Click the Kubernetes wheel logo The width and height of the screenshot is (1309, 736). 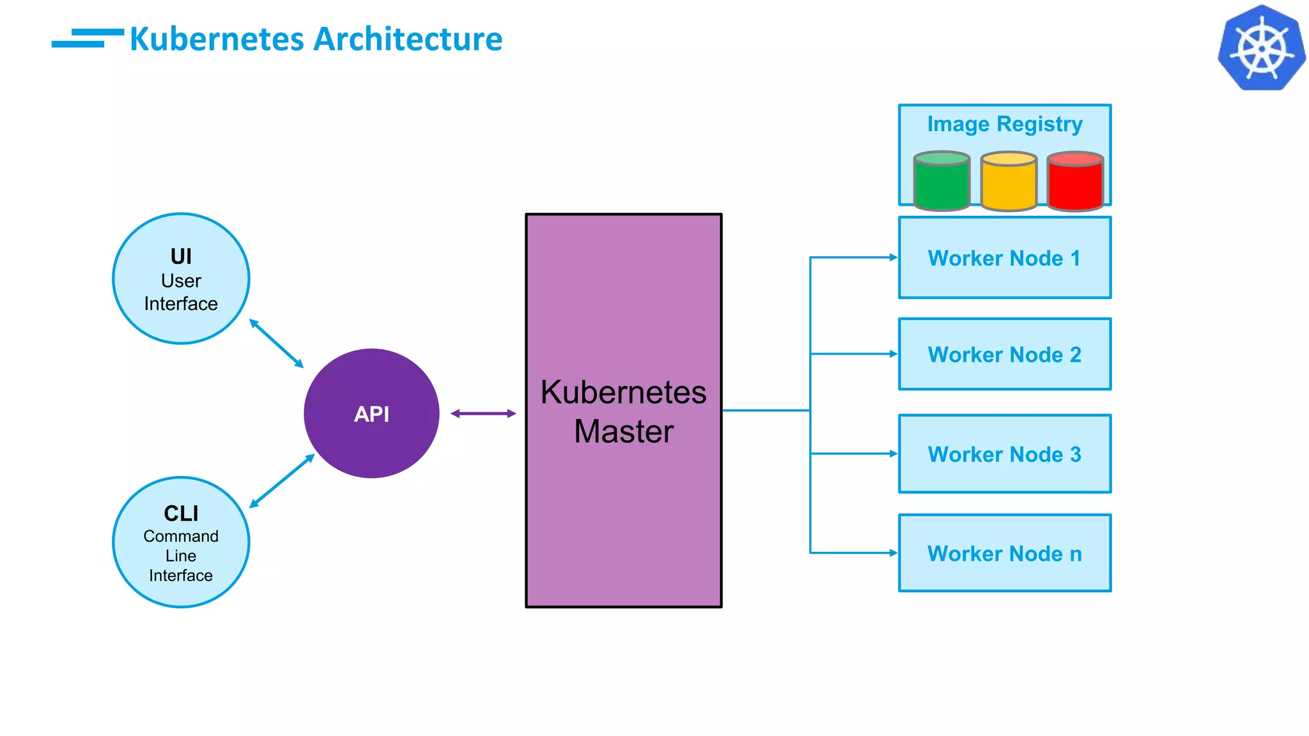[1261, 49]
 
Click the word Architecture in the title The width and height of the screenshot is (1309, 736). [408, 40]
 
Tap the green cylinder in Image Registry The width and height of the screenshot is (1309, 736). [941, 181]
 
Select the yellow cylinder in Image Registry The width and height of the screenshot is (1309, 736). [1009, 181]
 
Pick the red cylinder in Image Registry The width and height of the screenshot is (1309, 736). [1075, 181]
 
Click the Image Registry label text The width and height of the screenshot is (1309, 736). [1004, 124]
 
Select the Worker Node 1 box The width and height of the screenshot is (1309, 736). [1004, 258]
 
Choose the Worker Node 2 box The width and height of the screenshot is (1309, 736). [1004, 355]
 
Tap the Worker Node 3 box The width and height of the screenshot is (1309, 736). [1004, 454]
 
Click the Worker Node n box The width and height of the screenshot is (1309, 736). [1004, 553]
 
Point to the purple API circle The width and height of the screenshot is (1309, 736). [371, 413]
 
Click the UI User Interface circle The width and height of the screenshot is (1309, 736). [181, 279]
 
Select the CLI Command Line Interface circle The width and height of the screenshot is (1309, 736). [181, 542]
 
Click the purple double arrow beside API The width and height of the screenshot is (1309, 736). [483, 414]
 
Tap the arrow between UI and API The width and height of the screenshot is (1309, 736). [276, 344]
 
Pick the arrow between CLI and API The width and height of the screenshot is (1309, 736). [282, 481]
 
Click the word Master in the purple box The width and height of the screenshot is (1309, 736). [623, 431]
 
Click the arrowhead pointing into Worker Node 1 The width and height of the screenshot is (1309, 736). [894, 257]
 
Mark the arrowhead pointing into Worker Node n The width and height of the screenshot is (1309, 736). [894, 553]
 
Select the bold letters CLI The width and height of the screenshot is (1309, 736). [181, 514]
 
